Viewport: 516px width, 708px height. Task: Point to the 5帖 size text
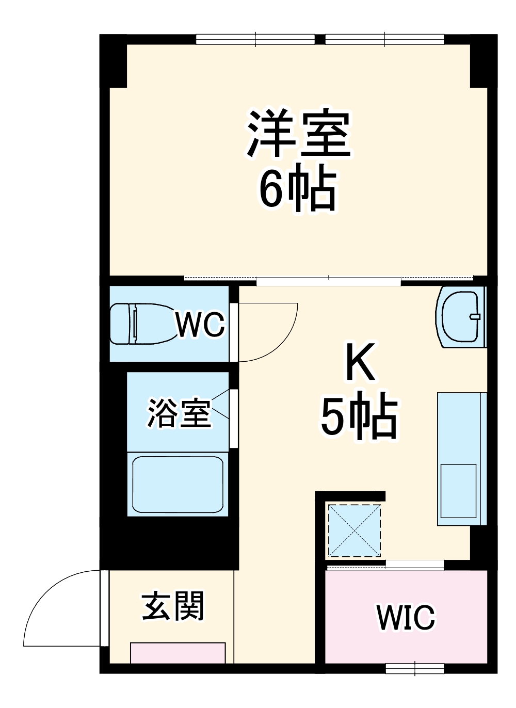[x=359, y=418]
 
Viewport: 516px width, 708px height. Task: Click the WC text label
[x=200, y=325]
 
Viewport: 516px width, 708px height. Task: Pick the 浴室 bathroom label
[x=179, y=413]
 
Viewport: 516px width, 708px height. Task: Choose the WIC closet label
[x=406, y=617]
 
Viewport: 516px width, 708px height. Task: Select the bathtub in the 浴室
[x=178, y=484]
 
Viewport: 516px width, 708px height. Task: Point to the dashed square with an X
[x=354, y=530]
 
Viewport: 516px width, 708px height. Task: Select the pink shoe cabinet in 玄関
[x=178, y=652]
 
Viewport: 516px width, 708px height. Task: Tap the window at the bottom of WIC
[x=415, y=669]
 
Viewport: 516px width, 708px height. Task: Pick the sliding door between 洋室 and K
[x=328, y=282]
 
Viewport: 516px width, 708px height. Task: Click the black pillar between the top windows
[x=320, y=39]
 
